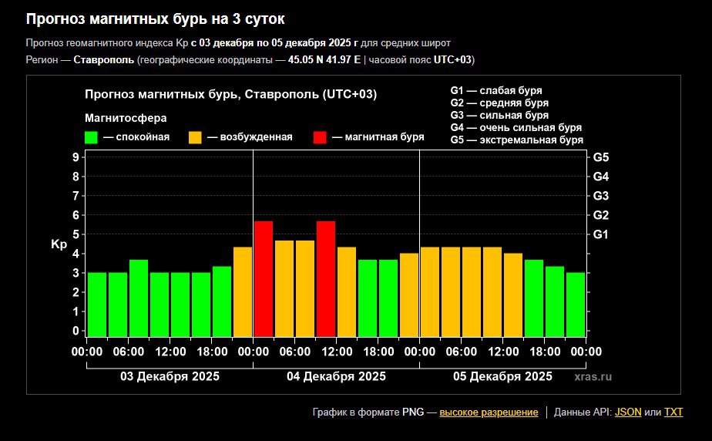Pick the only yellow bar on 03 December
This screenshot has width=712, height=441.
[x=243, y=291]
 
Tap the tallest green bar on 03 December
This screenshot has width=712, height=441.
[x=139, y=298]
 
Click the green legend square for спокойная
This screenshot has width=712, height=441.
[x=91, y=137]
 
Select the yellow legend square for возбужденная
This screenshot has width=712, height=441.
[x=195, y=137]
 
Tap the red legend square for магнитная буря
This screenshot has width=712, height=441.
[x=320, y=137]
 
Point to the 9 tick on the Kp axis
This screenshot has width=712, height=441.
[x=76, y=157]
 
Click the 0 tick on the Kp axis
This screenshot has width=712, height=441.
[x=76, y=331]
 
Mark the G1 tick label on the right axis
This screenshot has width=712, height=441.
[x=601, y=234]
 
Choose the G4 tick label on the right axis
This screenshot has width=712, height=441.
[x=601, y=177]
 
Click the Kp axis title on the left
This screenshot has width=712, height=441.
[x=59, y=244]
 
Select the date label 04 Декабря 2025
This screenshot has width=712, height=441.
[x=336, y=377]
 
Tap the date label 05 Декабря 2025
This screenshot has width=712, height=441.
[x=502, y=377]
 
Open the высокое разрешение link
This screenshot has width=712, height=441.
[x=489, y=412]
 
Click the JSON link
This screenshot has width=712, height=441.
[x=628, y=412]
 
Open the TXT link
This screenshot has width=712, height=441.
[x=673, y=412]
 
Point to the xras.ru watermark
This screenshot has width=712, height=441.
[x=593, y=377]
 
